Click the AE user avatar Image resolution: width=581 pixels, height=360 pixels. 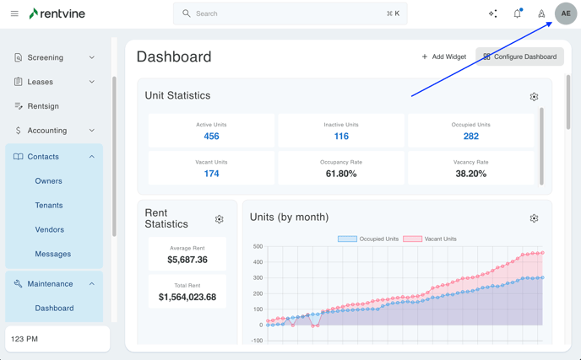(x=566, y=13)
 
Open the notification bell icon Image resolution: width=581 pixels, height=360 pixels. (x=517, y=13)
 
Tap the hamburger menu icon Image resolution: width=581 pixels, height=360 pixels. (x=14, y=13)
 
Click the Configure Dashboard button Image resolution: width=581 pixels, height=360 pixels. (x=519, y=56)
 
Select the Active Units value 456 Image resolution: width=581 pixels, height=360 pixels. (x=211, y=136)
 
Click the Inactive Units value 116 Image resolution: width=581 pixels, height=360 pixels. (x=341, y=136)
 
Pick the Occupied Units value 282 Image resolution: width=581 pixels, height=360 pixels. (x=470, y=136)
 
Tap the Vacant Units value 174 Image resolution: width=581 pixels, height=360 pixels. (x=211, y=174)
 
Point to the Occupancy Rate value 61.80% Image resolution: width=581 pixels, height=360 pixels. (x=341, y=174)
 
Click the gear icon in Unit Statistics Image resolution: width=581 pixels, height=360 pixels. (x=534, y=97)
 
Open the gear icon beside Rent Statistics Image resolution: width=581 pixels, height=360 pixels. (x=219, y=219)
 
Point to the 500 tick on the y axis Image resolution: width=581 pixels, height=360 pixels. (x=258, y=247)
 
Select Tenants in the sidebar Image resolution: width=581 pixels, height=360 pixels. (x=49, y=205)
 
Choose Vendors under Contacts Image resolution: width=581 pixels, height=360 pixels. (x=50, y=229)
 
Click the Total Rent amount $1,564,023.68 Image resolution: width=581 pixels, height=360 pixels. (x=187, y=297)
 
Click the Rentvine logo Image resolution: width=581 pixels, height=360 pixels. (x=57, y=13)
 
